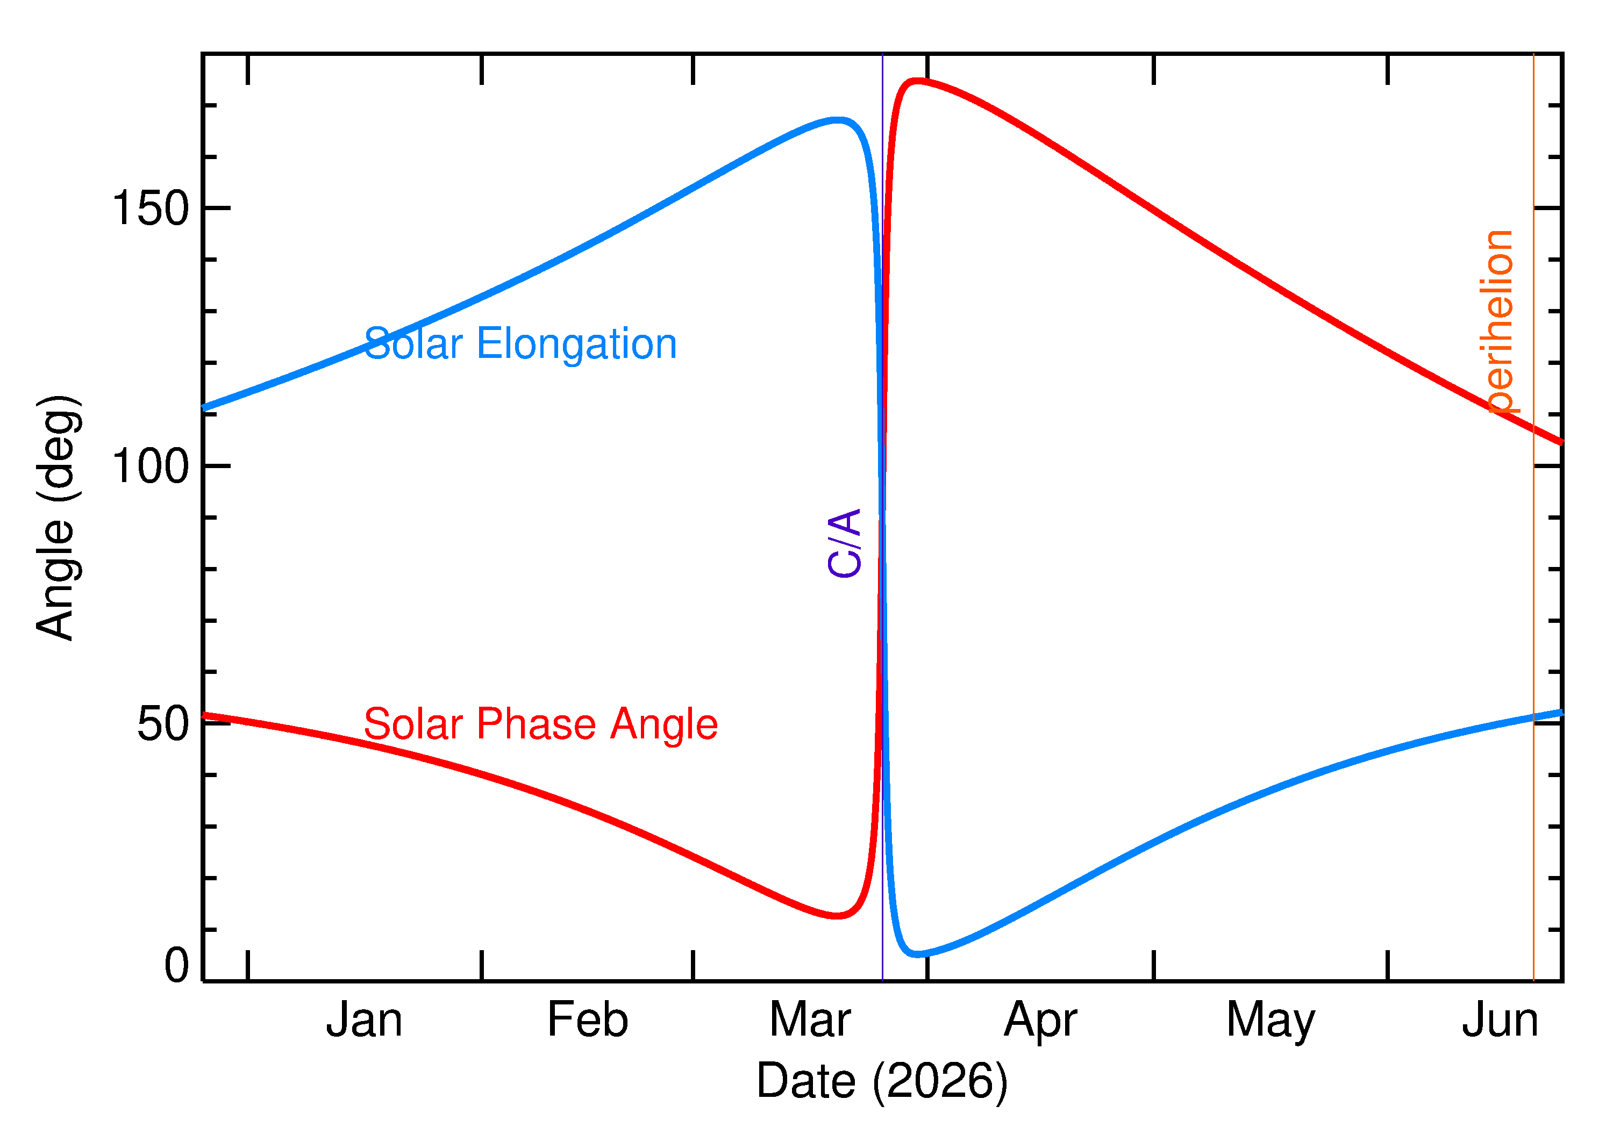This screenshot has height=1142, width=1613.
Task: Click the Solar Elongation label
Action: [x=520, y=344]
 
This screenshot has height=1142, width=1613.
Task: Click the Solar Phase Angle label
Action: [x=540, y=724]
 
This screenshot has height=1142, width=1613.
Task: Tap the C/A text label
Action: [x=845, y=542]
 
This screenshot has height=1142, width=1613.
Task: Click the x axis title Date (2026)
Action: [x=881, y=1081]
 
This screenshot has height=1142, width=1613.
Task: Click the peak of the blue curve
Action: [x=837, y=120]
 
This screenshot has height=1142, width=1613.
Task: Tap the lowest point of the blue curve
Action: [x=917, y=954]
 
